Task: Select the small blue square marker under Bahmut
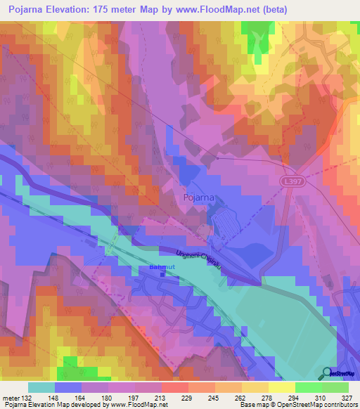click(162, 274)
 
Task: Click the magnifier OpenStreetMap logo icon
click(328, 373)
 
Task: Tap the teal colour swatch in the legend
click(41, 387)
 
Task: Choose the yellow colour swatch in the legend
click(281, 387)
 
